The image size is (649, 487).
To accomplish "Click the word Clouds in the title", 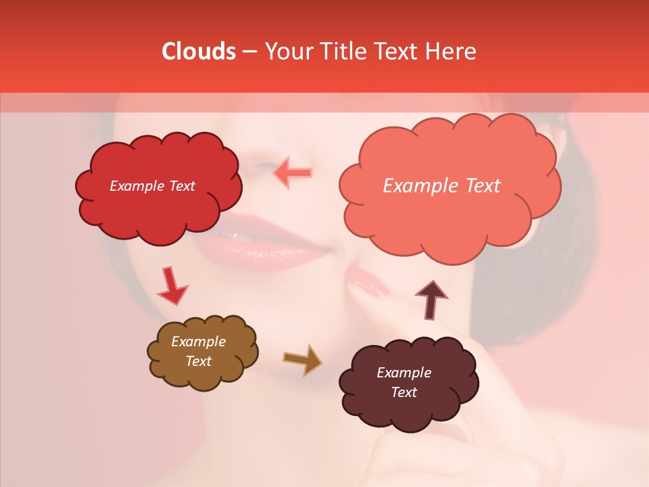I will [x=199, y=51].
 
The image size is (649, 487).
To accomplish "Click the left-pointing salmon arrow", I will [x=292, y=173].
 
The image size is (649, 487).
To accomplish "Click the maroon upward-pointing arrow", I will [x=431, y=300].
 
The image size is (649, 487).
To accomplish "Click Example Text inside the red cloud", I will [x=152, y=186].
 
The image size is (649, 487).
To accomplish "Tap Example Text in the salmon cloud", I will [x=441, y=186].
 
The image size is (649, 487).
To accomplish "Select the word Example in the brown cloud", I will [x=198, y=342].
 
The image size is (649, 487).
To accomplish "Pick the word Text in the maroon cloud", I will [x=404, y=392].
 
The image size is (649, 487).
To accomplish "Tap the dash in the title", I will [x=249, y=51].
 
